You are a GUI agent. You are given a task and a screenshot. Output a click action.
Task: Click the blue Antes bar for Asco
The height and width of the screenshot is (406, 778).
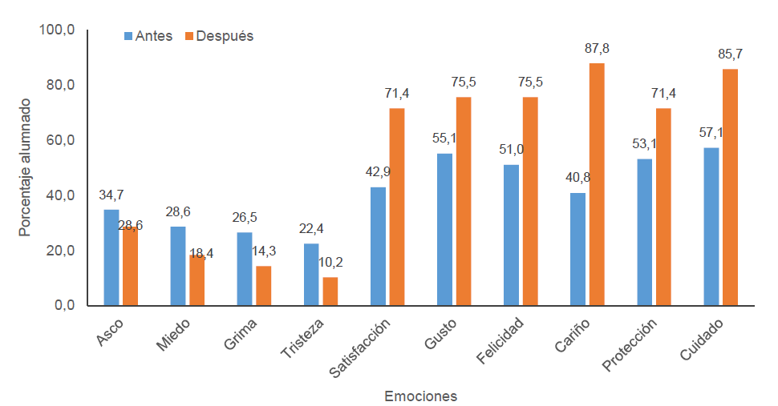[111, 257]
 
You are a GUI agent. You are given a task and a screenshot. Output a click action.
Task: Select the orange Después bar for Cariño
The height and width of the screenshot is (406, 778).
[597, 184]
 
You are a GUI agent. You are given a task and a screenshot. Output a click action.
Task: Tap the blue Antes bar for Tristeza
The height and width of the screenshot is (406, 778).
[311, 274]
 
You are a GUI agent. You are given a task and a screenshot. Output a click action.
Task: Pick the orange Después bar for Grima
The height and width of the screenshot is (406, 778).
[263, 285]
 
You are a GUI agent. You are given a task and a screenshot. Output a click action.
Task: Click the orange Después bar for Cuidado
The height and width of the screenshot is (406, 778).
[730, 187]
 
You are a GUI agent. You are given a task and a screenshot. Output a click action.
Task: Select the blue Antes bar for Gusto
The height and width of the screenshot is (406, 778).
[444, 229]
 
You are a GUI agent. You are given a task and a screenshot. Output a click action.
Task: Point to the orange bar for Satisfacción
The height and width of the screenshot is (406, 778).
[397, 207]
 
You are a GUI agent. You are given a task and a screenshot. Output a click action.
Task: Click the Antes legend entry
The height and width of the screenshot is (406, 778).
[148, 36]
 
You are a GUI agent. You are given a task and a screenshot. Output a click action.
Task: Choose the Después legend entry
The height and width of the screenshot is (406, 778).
[219, 36]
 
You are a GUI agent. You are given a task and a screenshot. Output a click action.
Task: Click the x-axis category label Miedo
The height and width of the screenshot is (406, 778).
[172, 334]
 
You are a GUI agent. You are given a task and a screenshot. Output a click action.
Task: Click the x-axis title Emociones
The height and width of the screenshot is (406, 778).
[421, 396]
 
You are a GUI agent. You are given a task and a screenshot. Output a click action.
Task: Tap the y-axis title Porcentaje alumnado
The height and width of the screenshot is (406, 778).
[25, 167]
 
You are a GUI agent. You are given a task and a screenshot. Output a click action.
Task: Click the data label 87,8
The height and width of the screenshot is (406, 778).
[597, 49]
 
